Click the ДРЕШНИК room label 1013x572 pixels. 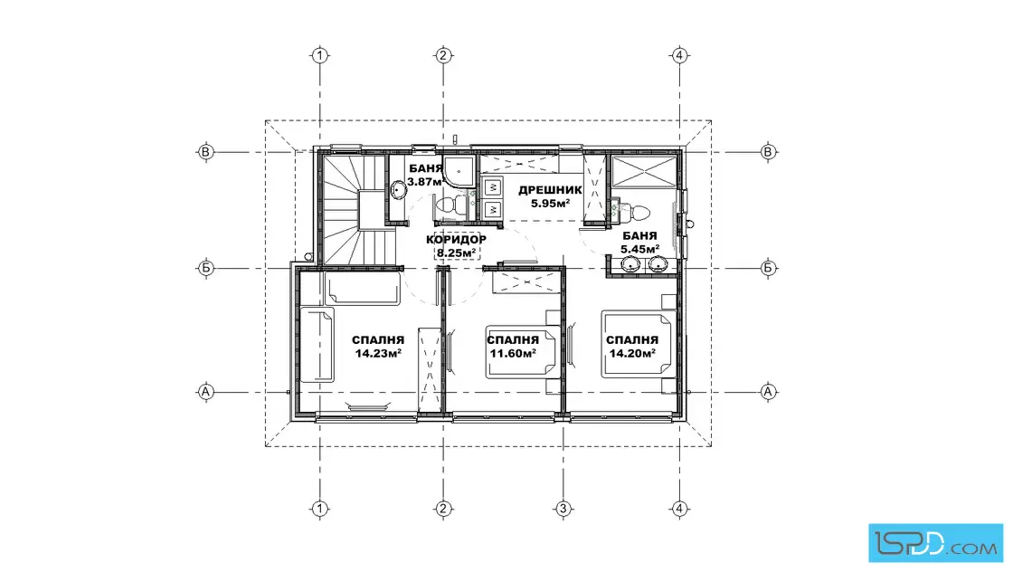coord(550,191)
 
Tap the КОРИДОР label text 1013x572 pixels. coord(456,240)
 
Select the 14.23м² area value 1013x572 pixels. coord(378,354)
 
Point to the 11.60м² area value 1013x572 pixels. coord(512,354)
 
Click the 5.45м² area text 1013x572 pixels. coord(639,249)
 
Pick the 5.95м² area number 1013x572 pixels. coord(550,204)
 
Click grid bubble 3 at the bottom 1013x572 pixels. coord(563,509)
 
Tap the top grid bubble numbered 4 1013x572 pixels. coord(679,55)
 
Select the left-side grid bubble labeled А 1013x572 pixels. coord(205,392)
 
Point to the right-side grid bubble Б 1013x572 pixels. coord(768,268)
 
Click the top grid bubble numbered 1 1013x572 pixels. coord(320,55)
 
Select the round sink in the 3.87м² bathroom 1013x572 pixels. coord(398,190)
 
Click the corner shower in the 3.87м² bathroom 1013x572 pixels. coord(459,171)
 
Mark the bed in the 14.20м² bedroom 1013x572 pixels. coord(639,343)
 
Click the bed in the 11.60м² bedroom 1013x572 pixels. coord(522,351)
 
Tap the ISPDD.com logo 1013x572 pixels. coord(935,543)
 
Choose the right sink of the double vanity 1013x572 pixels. coord(658,263)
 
